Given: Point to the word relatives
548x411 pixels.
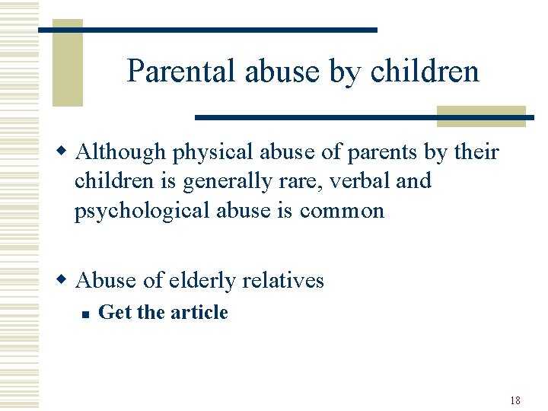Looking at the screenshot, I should (285, 281).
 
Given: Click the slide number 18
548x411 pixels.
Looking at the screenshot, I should (515, 400).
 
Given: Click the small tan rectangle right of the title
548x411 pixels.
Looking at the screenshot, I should (481, 116).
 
